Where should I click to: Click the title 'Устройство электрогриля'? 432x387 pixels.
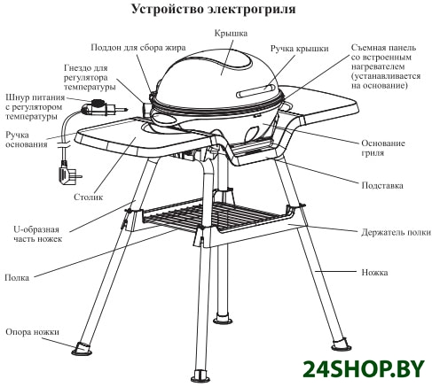click(x=213, y=9)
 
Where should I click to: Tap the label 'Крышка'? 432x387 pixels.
click(x=231, y=34)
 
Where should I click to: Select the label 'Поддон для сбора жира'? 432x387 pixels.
click(x=138, y=48)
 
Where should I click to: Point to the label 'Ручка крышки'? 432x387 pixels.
click(x=299, y=49)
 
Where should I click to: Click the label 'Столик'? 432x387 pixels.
click(x=88, y=197)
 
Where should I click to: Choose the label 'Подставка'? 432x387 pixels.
click(x=382, y=186)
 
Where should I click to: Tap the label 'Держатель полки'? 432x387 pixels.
click(x=396, y=233)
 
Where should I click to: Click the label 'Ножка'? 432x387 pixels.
click(x=374, y=272)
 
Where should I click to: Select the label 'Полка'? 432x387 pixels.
click(x=17, y=278)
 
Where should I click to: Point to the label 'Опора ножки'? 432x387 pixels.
click(x=32, y=332)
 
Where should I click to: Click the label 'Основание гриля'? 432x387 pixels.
click(x=383, y=148)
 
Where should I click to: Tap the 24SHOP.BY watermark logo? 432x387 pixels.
click(x=364, y=369)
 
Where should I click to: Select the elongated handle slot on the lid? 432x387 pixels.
click(x=256, y=90)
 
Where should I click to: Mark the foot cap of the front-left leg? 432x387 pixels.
click(x=81, y=348)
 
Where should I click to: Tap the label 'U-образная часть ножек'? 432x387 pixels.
click(x=37, y=234)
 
